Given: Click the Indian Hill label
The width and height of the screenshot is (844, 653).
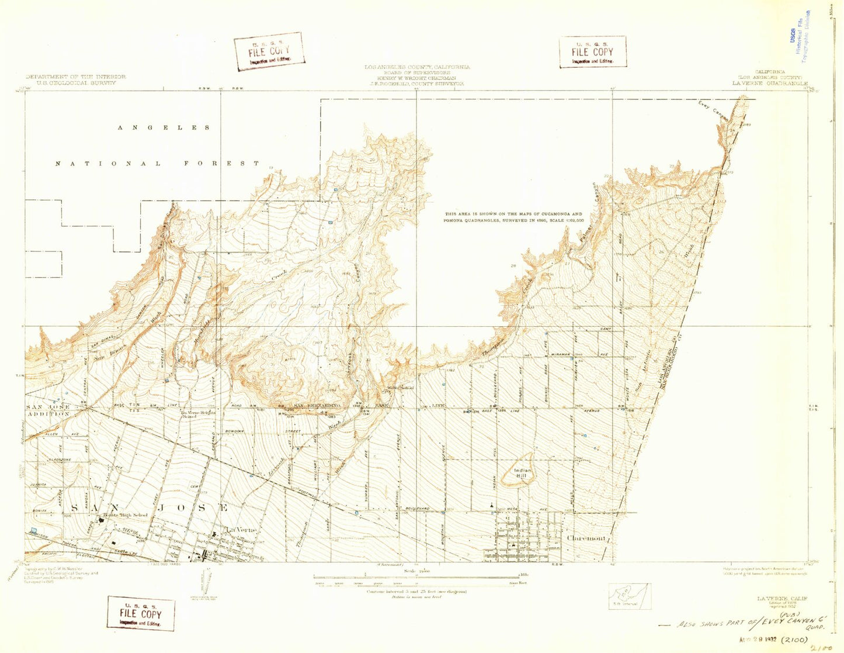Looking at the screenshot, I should (521, 473).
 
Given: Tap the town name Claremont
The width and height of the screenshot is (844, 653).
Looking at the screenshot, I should (587, 538).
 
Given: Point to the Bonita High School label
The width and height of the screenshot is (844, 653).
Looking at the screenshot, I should (125, 515).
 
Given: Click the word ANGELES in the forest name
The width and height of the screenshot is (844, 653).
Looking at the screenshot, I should (163, 127).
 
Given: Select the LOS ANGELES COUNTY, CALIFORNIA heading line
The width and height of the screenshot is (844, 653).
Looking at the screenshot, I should (417, 67).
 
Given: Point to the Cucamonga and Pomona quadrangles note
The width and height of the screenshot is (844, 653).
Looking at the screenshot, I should (514, 217).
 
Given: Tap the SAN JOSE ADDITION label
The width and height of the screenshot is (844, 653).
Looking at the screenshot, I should (48, 410).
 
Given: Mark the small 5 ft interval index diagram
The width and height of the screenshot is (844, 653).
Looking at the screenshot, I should (629, 595).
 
